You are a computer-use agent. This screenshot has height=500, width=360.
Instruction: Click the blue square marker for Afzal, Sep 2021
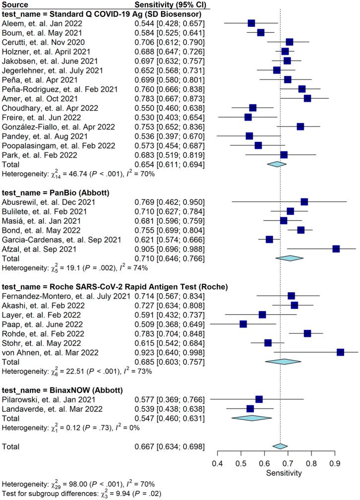(336, 249)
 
